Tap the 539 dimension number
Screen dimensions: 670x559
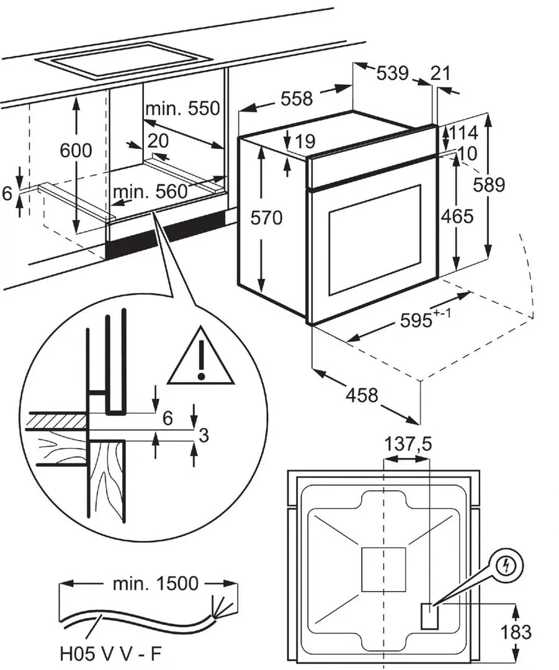(x=393, y=73)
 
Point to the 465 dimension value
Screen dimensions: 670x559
(x=457, y=216)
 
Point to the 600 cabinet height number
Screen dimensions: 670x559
(x=76, y=151)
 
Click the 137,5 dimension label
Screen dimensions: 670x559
(x=408, y=444)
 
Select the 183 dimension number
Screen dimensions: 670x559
(x=516, y=632)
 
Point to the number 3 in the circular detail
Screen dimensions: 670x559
(x=202, y=435)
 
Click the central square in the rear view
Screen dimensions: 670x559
(x=383, y=569)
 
